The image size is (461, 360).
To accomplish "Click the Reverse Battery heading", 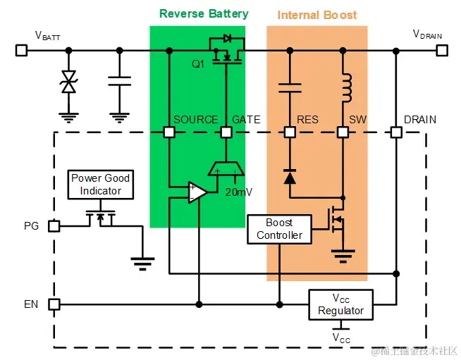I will click(x=204, y=13).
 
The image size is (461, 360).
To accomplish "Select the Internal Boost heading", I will click(x=316, y=15).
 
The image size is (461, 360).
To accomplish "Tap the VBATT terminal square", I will click(x=21, y=50).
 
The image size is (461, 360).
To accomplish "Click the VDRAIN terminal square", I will click(x=441, y=50).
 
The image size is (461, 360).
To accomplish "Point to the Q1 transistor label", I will click(x=198, y=63).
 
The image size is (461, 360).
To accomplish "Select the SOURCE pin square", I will click(x=169, y=132).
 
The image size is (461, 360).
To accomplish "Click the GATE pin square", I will click(x=226, y=132).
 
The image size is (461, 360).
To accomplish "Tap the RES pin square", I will click(x=289, y=132).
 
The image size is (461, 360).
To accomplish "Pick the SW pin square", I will click(x=343, y=132).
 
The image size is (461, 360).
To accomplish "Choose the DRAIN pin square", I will click(x=396, y=132).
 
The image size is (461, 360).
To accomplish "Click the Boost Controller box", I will click(x=279, y=229).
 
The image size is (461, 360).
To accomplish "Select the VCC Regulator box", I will click(x=340, y=304).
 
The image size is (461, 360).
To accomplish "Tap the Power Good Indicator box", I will click(x=100, y=184).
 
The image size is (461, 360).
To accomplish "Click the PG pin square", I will click(x=54, y=225).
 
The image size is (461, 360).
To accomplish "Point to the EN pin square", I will click(x=54, y=304).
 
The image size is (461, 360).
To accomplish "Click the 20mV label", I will click(x=238, y=192).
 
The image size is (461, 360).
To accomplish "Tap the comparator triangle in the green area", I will click(x=197, y=192).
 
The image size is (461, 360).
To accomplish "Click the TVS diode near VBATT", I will click(x=68, y=83).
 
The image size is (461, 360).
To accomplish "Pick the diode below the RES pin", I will click(x=289, y=176).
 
